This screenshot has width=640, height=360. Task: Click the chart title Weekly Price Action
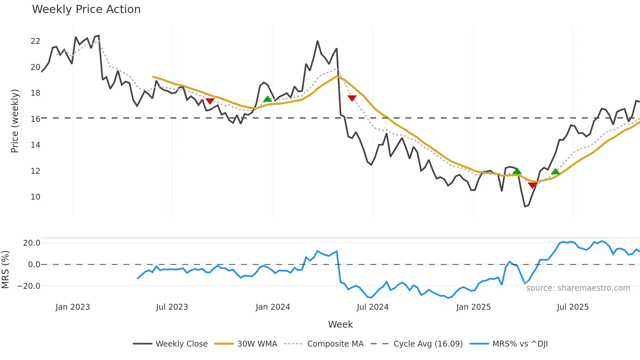[x=86, y=9]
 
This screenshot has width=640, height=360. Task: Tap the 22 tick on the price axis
[x=35, y=41]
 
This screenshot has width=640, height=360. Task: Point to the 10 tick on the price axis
[x=35, y=197]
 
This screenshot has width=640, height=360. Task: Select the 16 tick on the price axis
[x=35, y=119]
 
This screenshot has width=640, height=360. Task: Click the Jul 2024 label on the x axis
[x=373, y=307]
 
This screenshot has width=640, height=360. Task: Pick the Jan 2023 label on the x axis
[x=72, y=307]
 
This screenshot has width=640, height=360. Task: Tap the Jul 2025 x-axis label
[x=573, y=307]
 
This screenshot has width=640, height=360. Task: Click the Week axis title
[x=340, y=324]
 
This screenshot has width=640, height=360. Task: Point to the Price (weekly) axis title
[x=15, y=121]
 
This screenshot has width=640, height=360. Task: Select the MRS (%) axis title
[x=5, y=270]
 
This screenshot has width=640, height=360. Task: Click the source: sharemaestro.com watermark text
[x=578, y=288]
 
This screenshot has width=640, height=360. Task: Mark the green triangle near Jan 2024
[x=267, y=99]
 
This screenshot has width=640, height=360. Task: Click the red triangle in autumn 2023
[x=210, y=101]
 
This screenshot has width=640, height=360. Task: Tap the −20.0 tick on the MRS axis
[x=29, y=286]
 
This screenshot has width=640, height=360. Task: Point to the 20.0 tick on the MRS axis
[x=32, y=243]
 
